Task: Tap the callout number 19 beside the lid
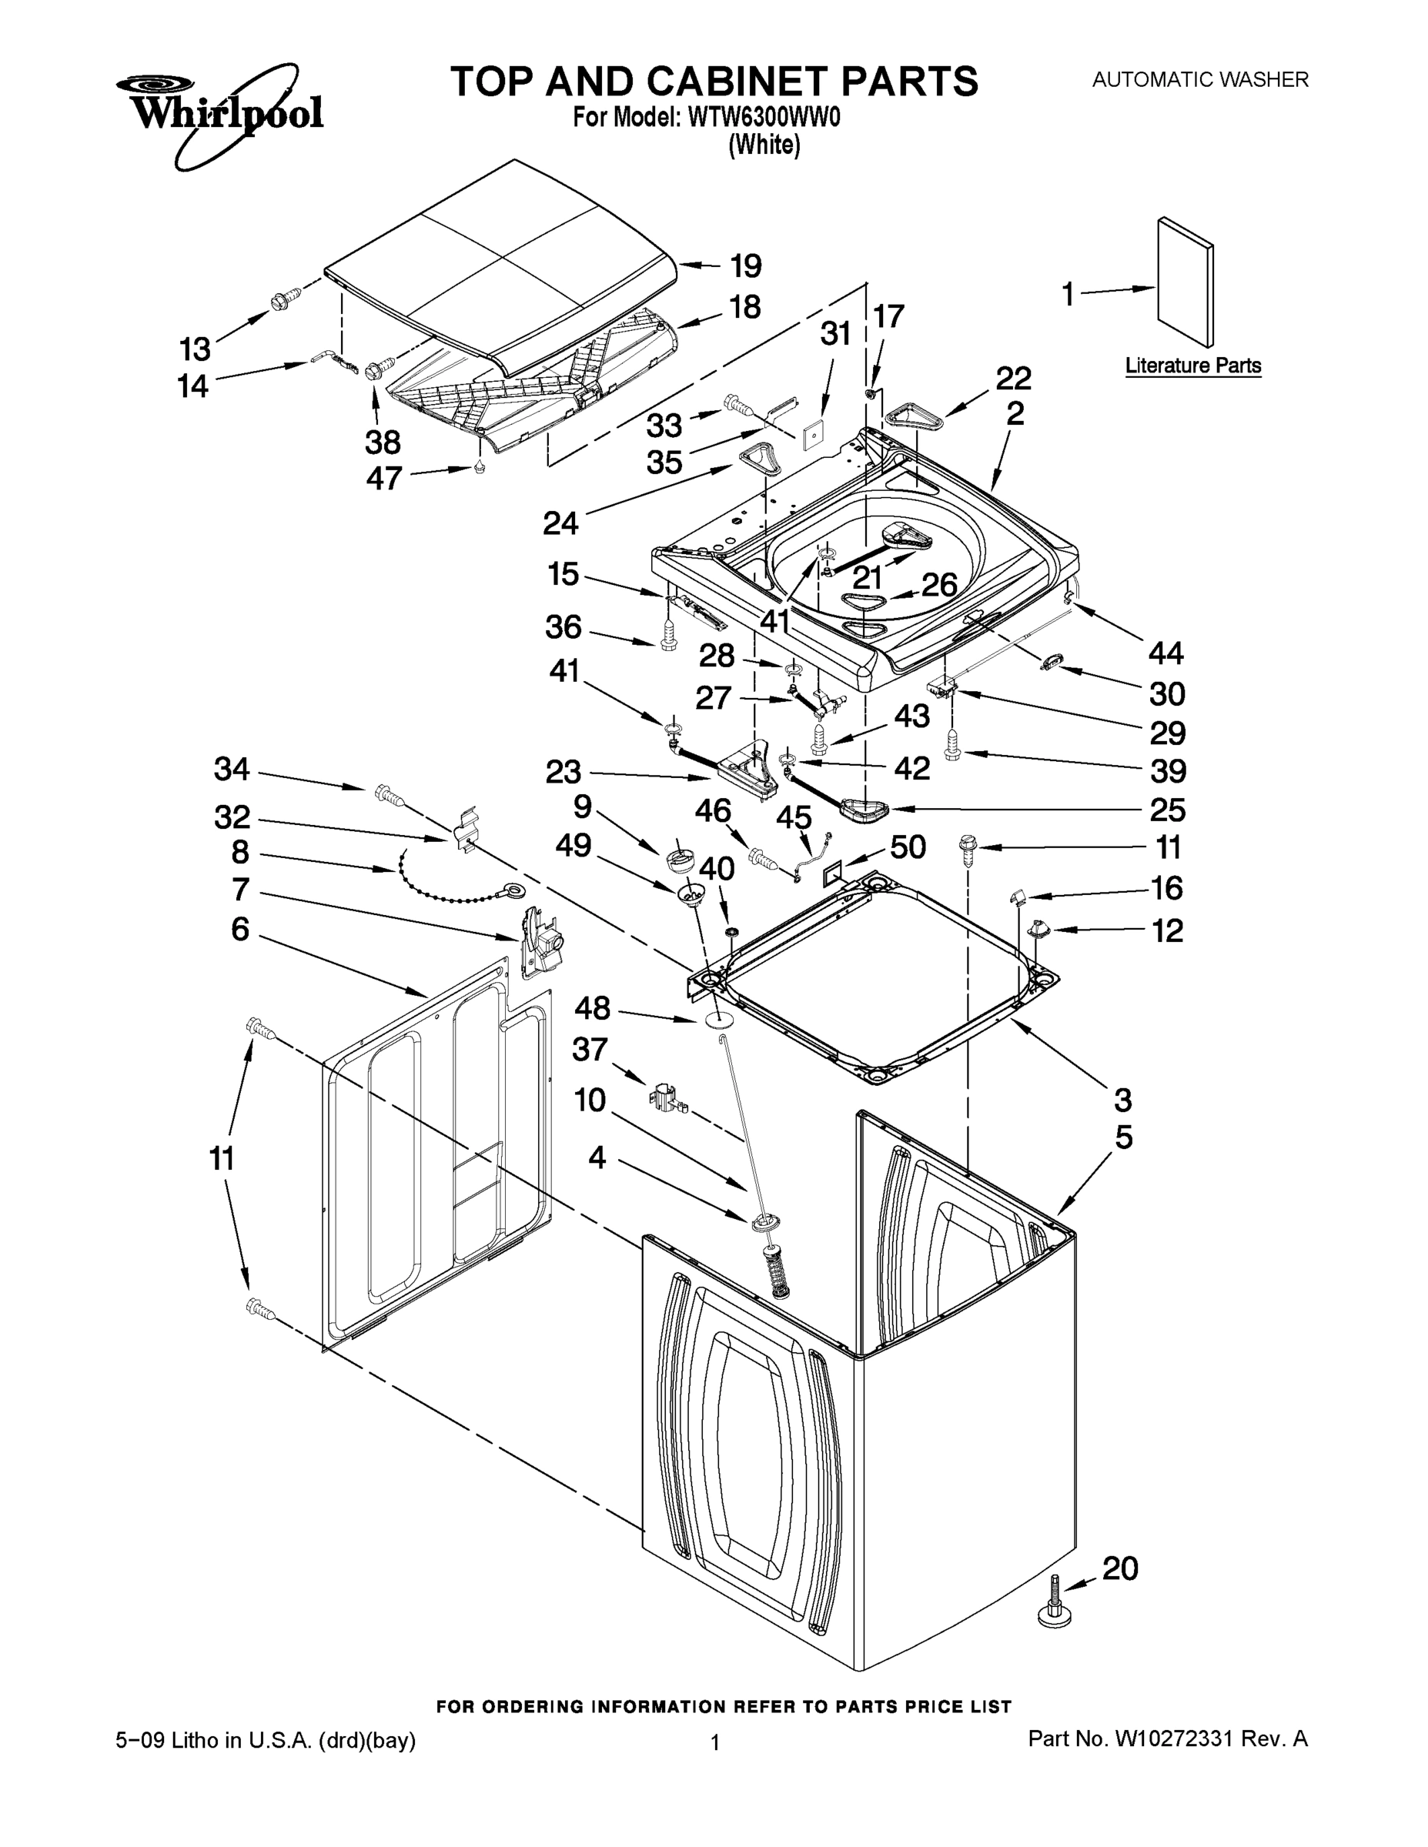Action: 745,266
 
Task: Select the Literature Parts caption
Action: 1192,366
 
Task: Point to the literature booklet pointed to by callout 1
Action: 1186,282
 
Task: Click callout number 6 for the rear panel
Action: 240,930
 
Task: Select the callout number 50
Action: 908,847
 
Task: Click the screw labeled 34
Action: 387,794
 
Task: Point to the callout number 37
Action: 590,1050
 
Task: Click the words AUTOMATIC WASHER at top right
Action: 1199,79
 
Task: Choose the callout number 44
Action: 1165,652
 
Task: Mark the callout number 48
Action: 592,1007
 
